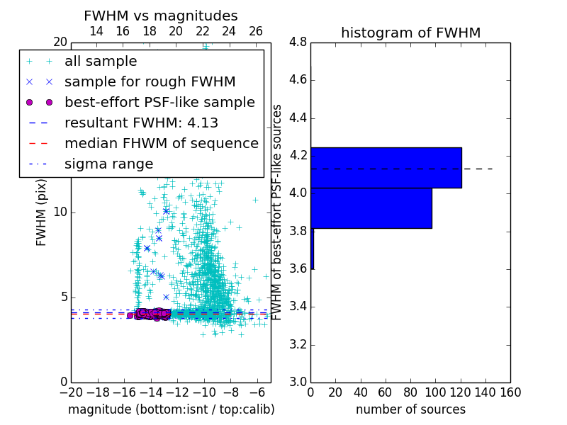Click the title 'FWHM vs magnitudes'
pyautogui.click(x=161, y=16)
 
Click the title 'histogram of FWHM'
pyautogui.click(x=410, y=33)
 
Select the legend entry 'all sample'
pyautogui.click(x=101, y=62)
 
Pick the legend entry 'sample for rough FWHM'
pyautogui.click(x=150, y=82)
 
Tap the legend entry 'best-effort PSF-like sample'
pyautogui.click(x=159, y=103)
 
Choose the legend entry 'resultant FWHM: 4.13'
pyautogui.click(x=141, y=123)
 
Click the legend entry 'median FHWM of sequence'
pyautogui.click(x=161, y=144)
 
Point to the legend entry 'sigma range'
pyautogui.click(x=108, y=164)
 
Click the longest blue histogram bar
pyautogui.click(x=386, y=168)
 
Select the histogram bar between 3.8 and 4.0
pyautogui.click(x=371, y=208)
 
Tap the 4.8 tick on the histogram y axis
pyautogui.click(x=298, y=42)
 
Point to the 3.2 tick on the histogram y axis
pyautogui.click(x=298, y=345)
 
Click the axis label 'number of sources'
pyautogui.click(x=410, y=409)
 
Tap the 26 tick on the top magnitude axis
pyautogui.click(x=256, y=31)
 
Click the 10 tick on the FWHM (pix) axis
pyautogui.click(x=59, y=212)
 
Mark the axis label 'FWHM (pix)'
pyautogui.click(x=42, y=212)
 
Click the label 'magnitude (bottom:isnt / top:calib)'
pyautogui.click(x=171, y=409)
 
